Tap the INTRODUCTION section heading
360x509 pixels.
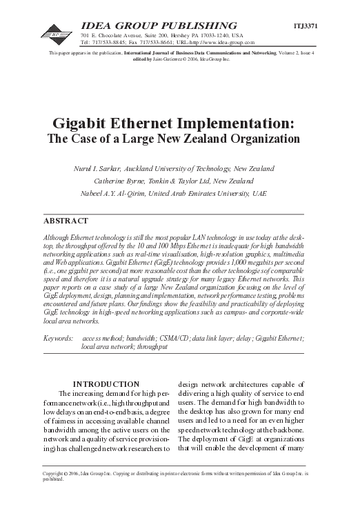106,384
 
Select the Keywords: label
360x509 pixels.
59,339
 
